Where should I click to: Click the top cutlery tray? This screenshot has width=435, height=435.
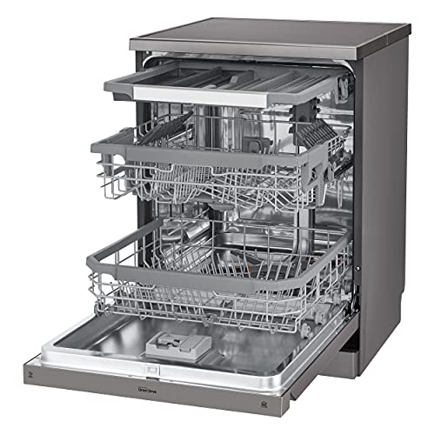point(226,83)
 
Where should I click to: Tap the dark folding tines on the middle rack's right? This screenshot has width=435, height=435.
point(318,135)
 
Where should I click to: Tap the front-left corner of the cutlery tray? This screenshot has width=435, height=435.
point(105,81)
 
